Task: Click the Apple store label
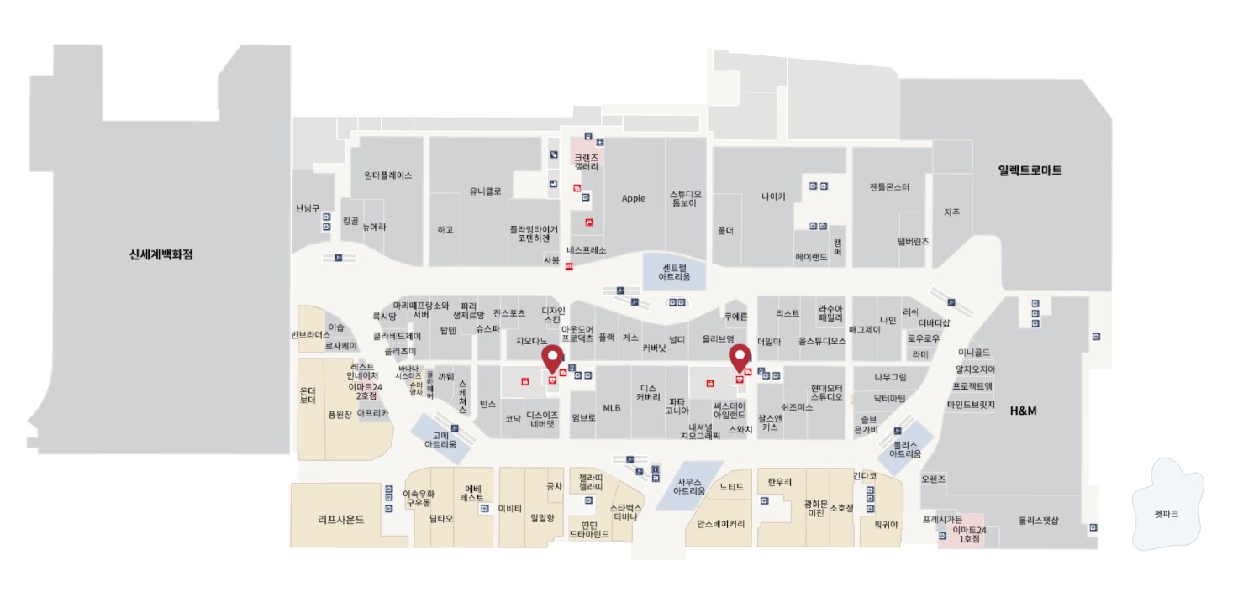coord(633,198)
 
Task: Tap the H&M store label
coord(1023,411)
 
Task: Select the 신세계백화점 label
coord(155,254)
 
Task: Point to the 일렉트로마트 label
coord(1030,170)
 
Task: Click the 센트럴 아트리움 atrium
coord(674,271)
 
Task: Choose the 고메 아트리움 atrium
coord(440,440)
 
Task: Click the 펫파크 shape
coord(1167,513)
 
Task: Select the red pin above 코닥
coord(552,359)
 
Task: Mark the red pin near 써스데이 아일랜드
coord(740,359)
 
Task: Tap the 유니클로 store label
coord(485,191)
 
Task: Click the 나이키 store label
coord(773,196)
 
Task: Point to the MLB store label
coord(611,408)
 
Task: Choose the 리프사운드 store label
coord(341,519)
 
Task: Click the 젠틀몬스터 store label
coord(889,186)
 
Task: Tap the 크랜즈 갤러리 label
coord(587,162)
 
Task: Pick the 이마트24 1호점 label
coord(969,534)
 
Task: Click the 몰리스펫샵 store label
coord(1039,521)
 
